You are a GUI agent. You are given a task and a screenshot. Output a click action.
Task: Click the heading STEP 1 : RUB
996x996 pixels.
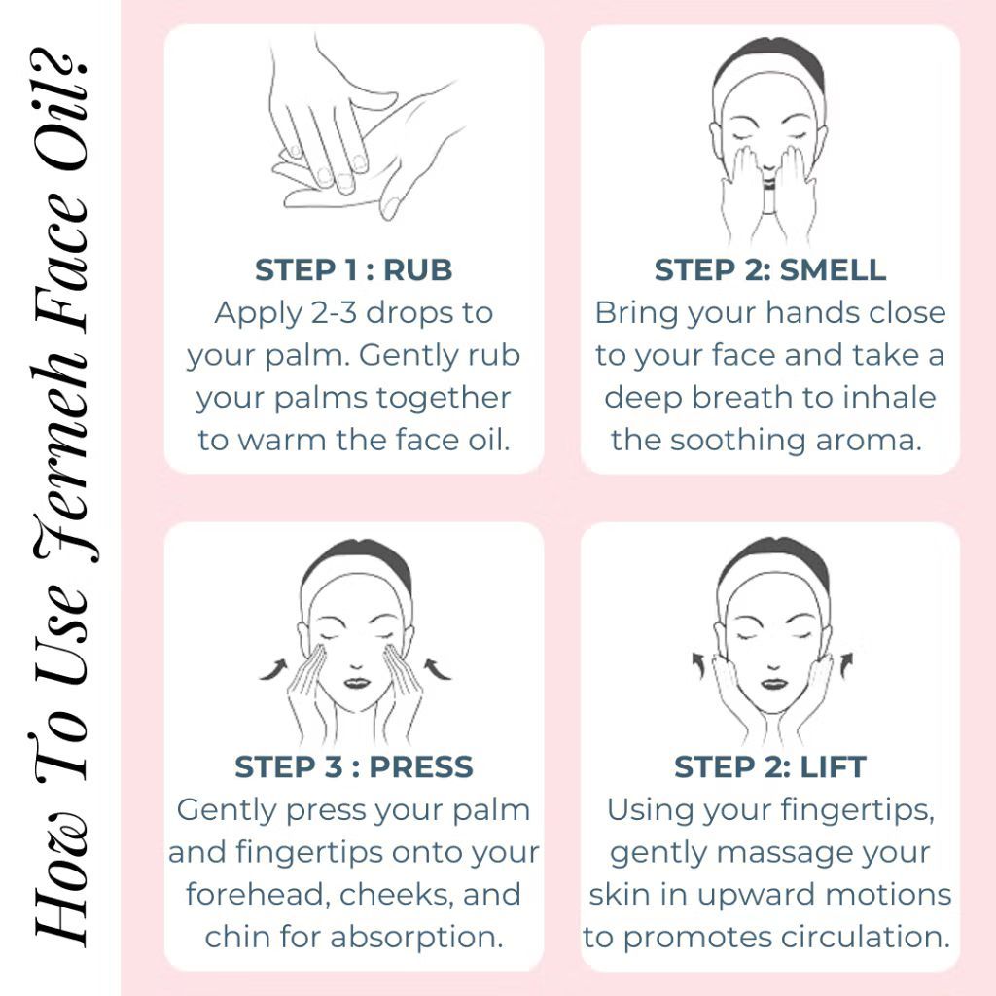tap(353, 270)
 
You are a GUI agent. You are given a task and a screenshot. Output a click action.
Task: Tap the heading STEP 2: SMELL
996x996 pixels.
tap(770, 270)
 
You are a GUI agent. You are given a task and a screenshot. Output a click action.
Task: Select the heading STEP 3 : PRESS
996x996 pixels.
tap(354, 766)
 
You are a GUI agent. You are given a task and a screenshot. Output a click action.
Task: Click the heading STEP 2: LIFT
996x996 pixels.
tap(770, 766)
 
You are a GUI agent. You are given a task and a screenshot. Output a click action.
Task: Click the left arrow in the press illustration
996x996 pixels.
tap(274, 669)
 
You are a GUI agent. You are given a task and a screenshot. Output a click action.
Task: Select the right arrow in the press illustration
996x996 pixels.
tap(437, 669)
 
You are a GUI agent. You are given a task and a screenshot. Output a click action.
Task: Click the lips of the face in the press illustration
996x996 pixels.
tap(356, 683)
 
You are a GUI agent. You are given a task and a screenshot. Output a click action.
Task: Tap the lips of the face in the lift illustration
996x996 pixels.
tap(773, 684)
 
